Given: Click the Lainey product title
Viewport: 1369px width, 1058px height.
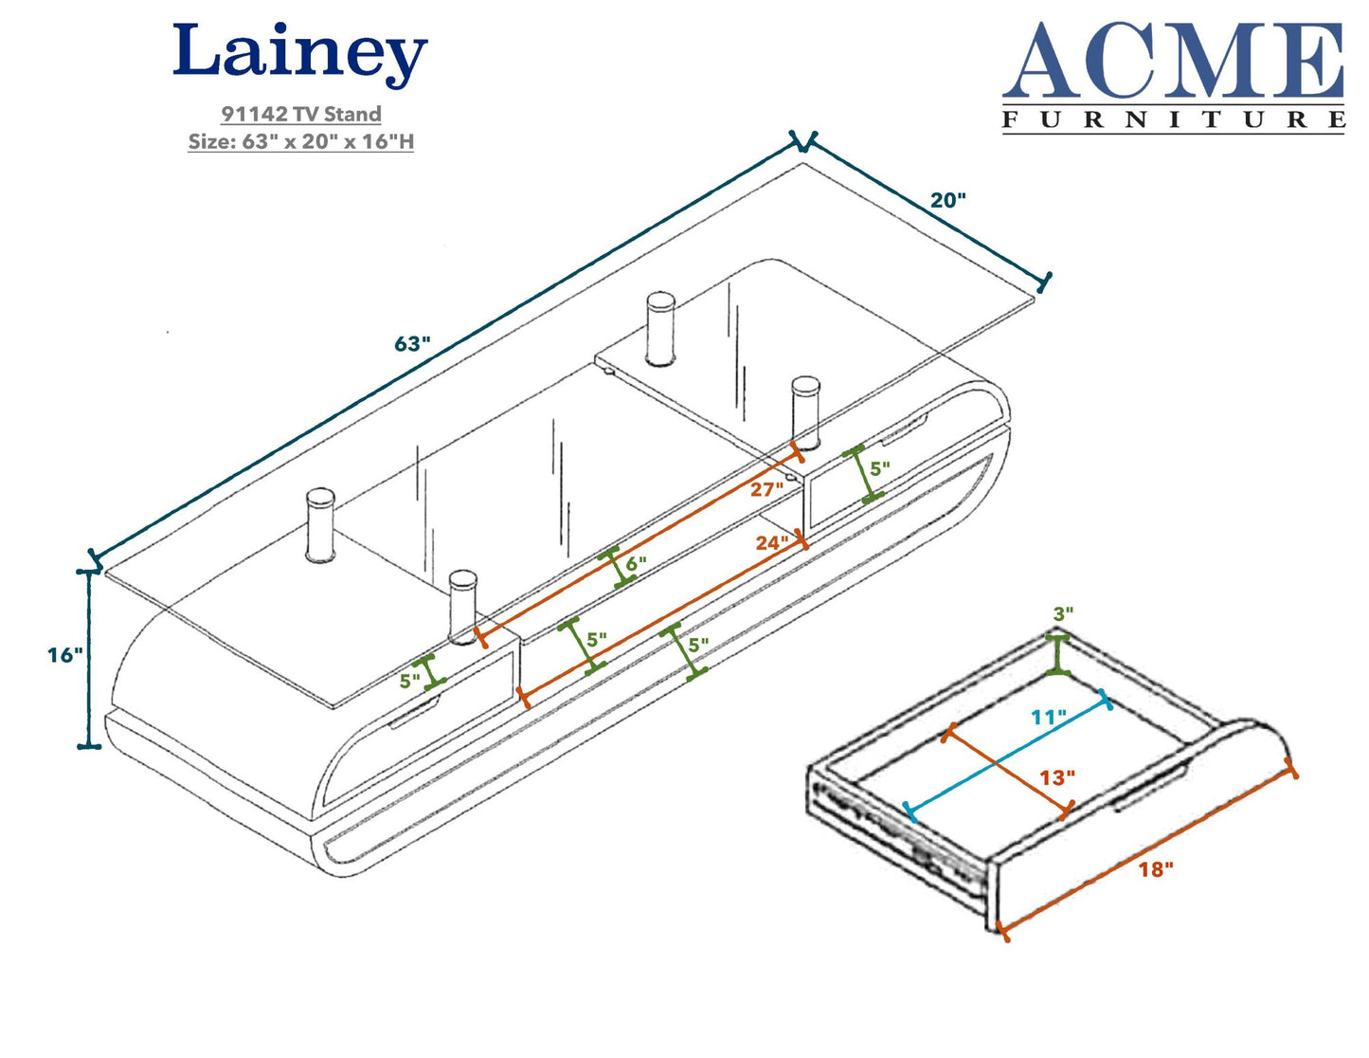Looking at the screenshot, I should click(299, 54).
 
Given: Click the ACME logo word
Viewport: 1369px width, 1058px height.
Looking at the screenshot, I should click(1173, 62).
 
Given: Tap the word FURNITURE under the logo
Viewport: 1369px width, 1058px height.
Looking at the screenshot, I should click(1173, 119).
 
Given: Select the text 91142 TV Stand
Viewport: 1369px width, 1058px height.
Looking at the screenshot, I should click(301, 114).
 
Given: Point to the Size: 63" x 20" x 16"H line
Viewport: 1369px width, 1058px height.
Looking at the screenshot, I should click(301, 141).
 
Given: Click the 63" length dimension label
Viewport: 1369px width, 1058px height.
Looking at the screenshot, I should click(413, 343).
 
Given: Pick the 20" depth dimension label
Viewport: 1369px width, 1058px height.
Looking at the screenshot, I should click(947, 200).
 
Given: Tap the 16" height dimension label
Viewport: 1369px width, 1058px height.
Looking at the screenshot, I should click(65, 654).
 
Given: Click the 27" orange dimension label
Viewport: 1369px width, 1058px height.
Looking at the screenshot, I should click(766, 489).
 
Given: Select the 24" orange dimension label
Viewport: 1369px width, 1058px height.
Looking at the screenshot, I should click(772, 542).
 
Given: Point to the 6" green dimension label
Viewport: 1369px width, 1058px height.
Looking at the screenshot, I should click(636, 563).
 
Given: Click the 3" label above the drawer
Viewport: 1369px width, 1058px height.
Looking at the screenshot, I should click(1064, 613).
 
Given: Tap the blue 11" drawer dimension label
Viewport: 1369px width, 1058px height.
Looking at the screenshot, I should click(1049, 717).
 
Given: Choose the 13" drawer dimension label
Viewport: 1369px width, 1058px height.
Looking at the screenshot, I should click(1057, 777).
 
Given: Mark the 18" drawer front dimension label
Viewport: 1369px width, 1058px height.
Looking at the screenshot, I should click(1156, 868).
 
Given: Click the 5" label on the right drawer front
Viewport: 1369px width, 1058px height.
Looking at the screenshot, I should click(880, 468).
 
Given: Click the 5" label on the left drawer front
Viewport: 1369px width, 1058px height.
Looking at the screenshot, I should click(409, 680).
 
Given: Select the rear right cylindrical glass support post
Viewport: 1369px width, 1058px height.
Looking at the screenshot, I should click(660, 328).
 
